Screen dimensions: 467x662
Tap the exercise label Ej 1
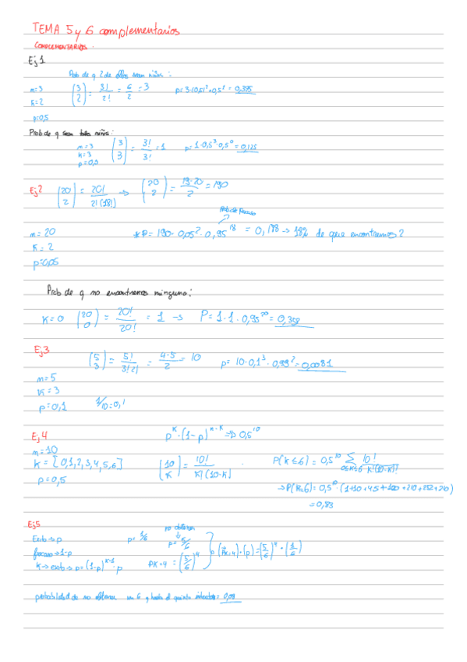click(x=36, y=60)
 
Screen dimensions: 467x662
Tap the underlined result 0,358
click(x=288, y=319)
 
